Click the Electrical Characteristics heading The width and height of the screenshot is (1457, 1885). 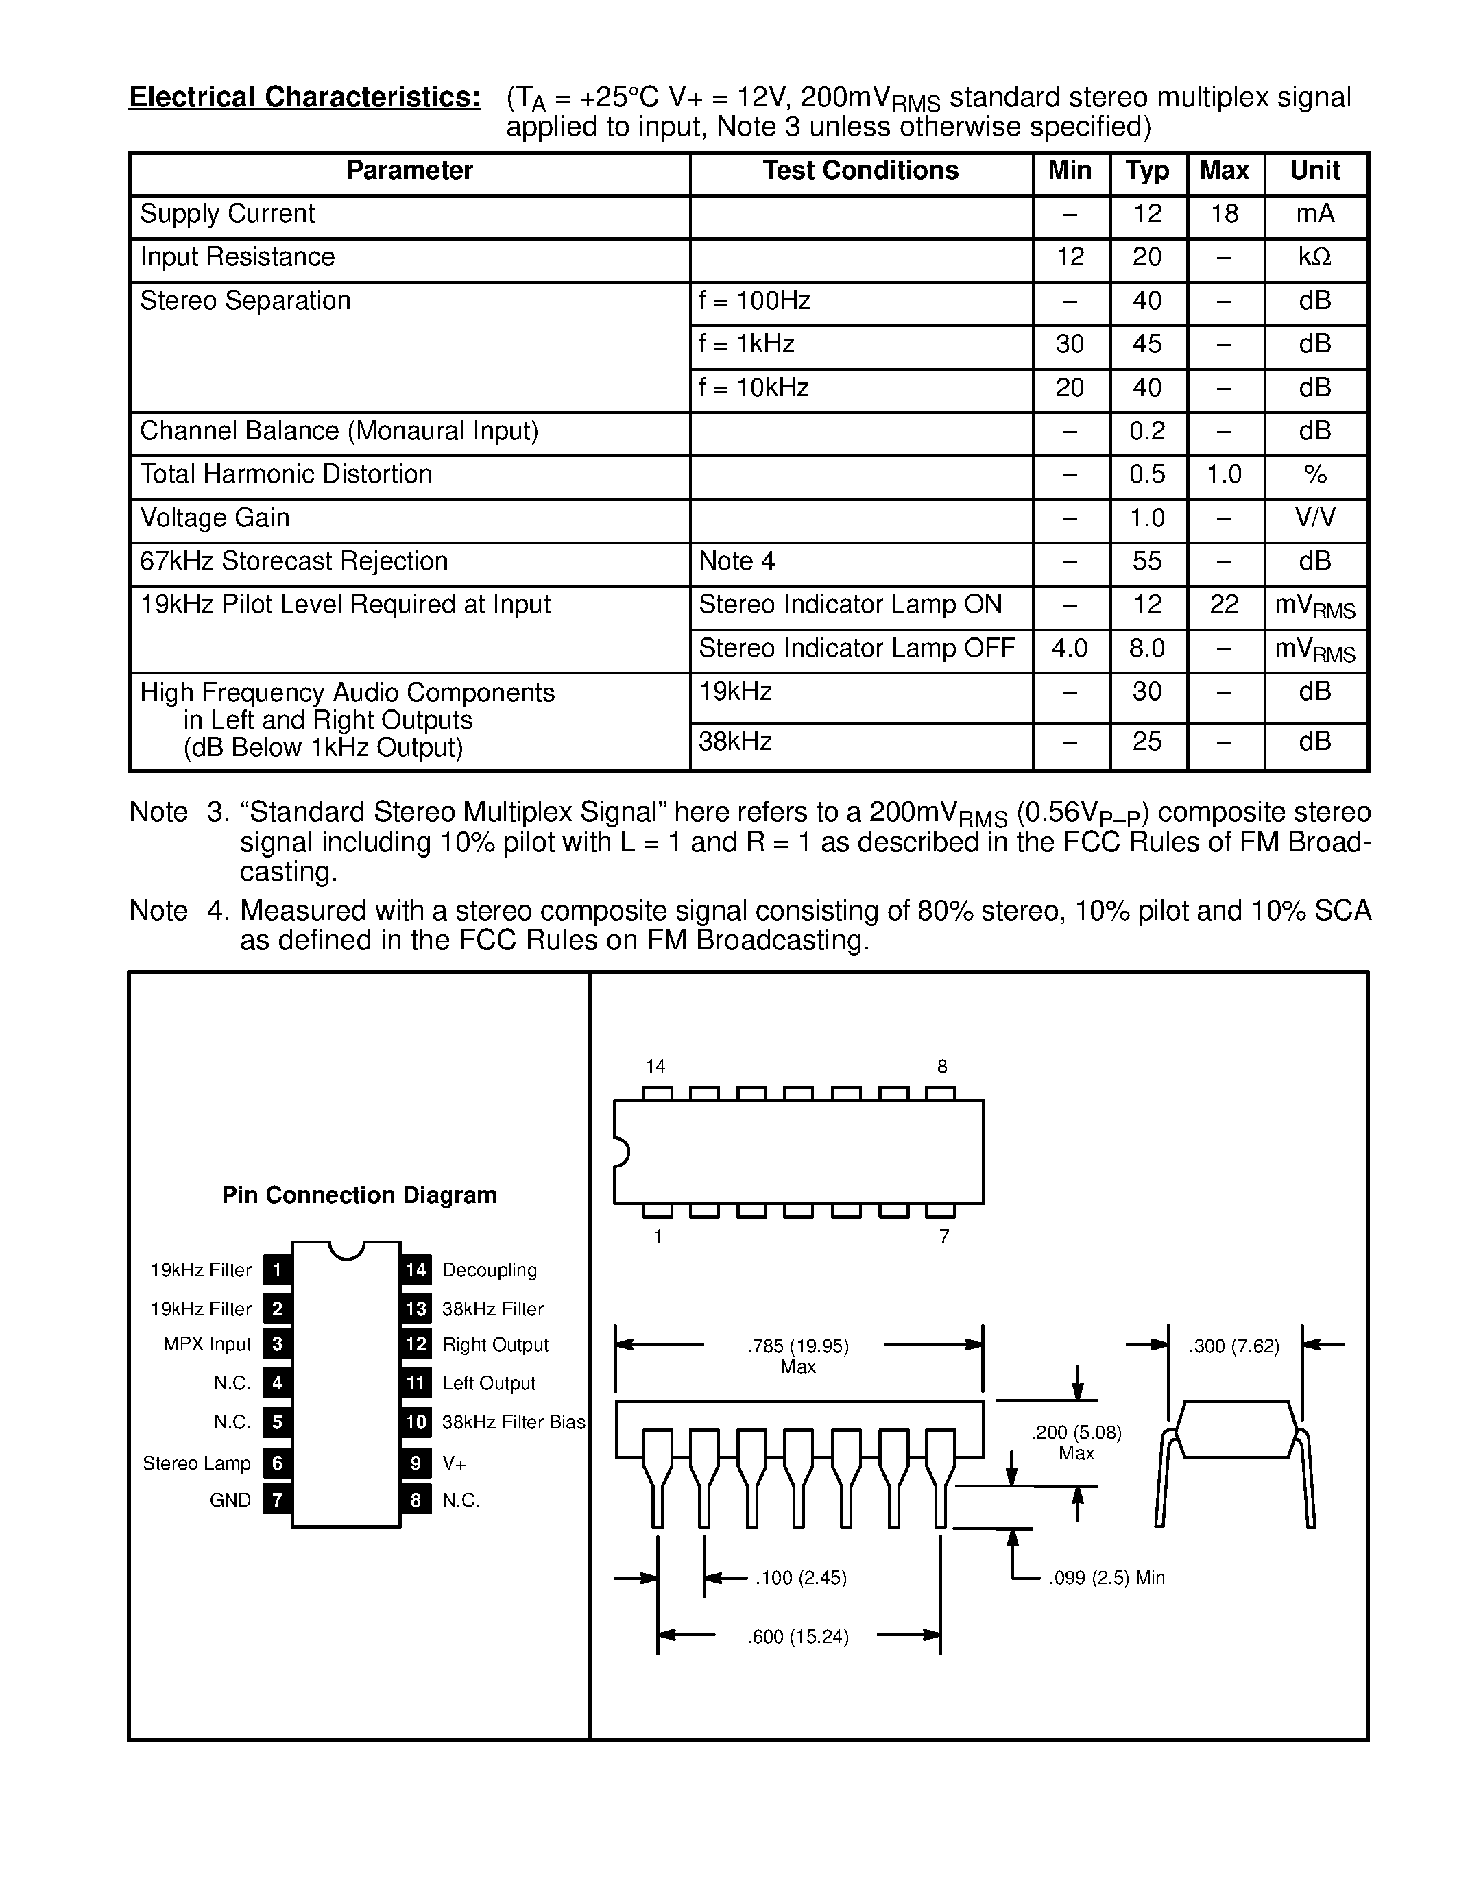(304, 97)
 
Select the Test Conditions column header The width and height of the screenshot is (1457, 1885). (860, 171)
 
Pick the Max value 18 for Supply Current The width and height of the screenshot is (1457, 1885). (1224, 214)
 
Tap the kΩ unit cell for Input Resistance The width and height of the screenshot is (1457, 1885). (1314, 257)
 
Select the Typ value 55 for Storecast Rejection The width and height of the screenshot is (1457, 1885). (1146, 562)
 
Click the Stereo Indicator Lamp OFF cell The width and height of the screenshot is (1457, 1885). (856, 648)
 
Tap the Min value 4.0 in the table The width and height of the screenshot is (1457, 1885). (1070, 648)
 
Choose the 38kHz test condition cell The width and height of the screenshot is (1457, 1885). (736, 742)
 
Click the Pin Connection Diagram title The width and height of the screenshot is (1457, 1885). (359, 1195)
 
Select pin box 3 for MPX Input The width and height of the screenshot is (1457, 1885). (277, 1345)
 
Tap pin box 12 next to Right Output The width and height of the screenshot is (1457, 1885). (416, 1345)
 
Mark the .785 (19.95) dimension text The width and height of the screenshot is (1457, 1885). (797, 1346)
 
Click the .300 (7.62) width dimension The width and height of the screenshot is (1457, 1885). (1233, 1346)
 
